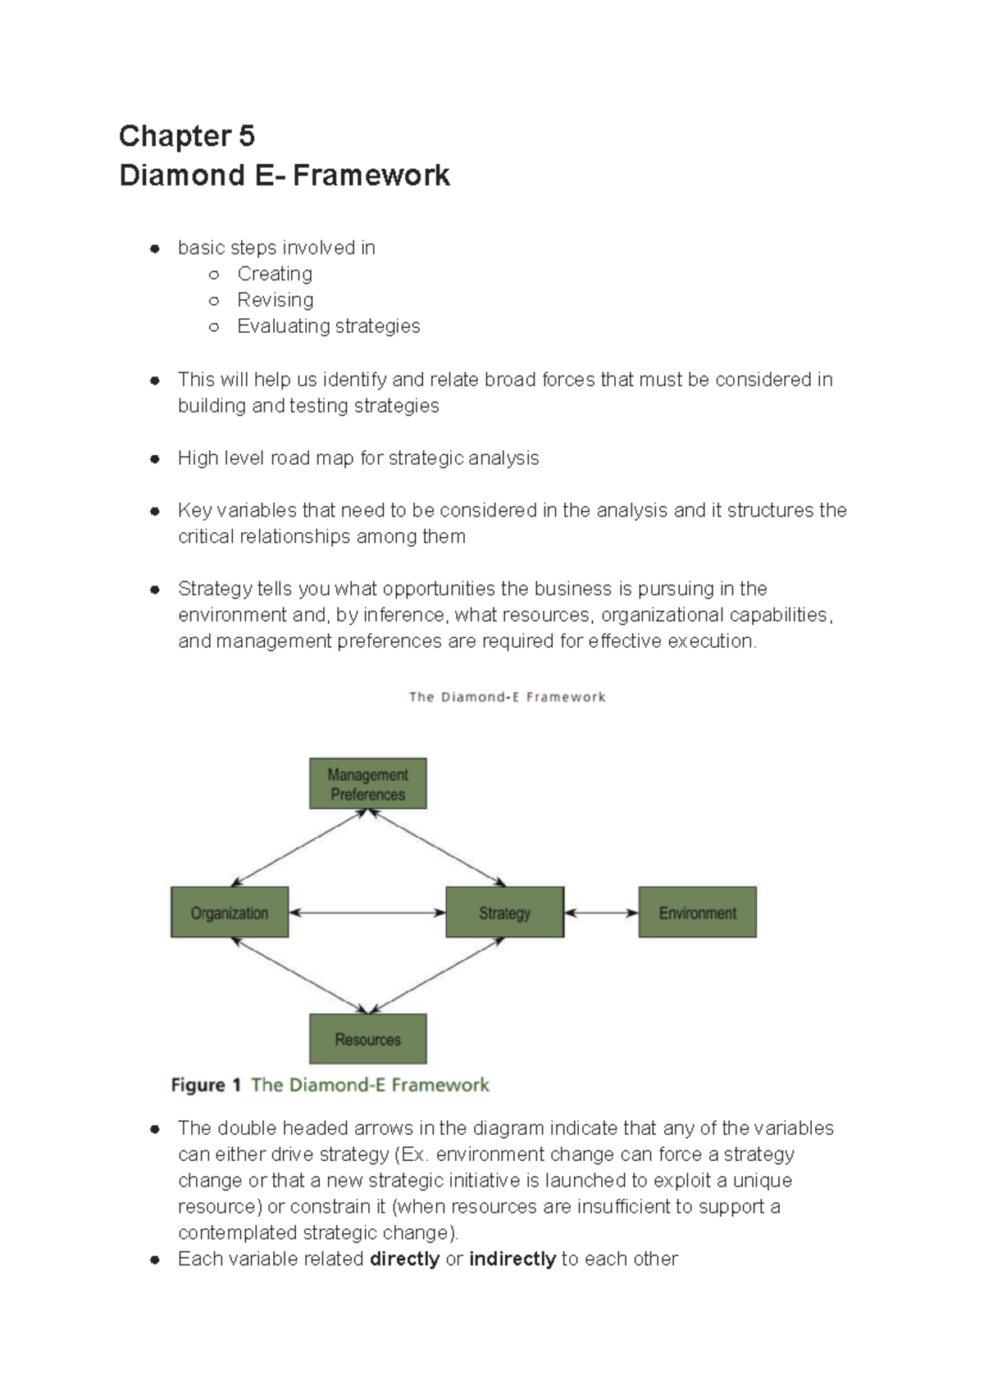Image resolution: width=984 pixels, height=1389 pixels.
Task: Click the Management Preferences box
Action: pyautogui.click(x=367, y=784)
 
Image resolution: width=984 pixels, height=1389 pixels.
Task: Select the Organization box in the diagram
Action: pyautogui.click(x=230, y=912)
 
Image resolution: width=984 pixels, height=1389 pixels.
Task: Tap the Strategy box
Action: pyautogui.click(x=504, y=912)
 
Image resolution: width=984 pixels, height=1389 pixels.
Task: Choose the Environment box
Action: pyautogui.click(x=697, y=912)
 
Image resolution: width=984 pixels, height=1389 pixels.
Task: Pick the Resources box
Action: pyautogui.click(x=367, y=1039)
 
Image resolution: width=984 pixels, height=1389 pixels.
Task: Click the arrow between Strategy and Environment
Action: pyautogui.click(x=601, y=913)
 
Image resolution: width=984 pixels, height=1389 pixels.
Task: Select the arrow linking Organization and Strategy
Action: pyautogui.click(x=367, y=913)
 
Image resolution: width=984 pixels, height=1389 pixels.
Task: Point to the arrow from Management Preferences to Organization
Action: pyautogui.click(x=298, y=848)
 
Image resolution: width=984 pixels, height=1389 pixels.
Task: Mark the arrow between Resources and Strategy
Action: pyautogui.click(x=436, y=976)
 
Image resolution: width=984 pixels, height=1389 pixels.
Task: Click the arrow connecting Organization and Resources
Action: pyautogui.click(x=300, y=976)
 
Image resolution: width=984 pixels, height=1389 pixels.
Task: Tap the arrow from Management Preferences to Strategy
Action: pyautogui.click(x=436, y=848)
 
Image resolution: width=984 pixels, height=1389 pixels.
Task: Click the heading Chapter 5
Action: pyautogui.click(x=186, y=136)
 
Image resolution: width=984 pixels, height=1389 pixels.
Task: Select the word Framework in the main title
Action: pyautogui.click(x=371, y=175)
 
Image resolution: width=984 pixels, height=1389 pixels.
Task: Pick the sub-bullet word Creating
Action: pyautogui.click(x=275, y=274)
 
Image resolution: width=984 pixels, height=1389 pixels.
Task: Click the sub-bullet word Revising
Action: pyautogui.click(x=275, y=300)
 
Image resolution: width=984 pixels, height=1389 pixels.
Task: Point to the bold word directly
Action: pyautogui.click(x=404, y=1259)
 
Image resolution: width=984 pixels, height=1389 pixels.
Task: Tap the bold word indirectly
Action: pyautogui.click(x=512, y=1259)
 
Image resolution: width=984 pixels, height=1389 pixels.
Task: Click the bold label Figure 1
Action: pyautogui.click(x=206, y=1085)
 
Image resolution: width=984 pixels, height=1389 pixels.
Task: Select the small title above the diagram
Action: pyautogui.click(x=507, y=697)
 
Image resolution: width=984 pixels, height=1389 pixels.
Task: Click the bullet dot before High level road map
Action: pyautogui.click(x=154, y=458)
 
